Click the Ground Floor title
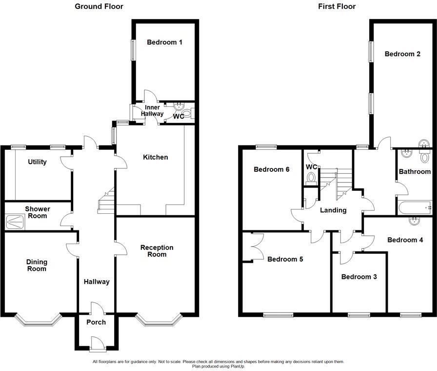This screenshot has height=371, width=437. point(99,6)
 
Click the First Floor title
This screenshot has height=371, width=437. point(337,6)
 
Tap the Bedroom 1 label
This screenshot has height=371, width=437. point(164,42)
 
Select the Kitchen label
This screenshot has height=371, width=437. point(155,157)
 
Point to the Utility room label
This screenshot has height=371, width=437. point(37,162)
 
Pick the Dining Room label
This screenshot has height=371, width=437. point(37,265)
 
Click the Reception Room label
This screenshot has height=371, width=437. point(157,251)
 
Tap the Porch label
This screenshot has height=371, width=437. point(96,322)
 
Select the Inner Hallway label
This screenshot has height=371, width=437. point(152,110)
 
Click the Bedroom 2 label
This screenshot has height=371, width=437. point(402,54)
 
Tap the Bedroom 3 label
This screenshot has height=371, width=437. point(358,277)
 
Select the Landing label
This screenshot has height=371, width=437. point(333,210)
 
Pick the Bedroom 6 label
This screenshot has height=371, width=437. point(272,170)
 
